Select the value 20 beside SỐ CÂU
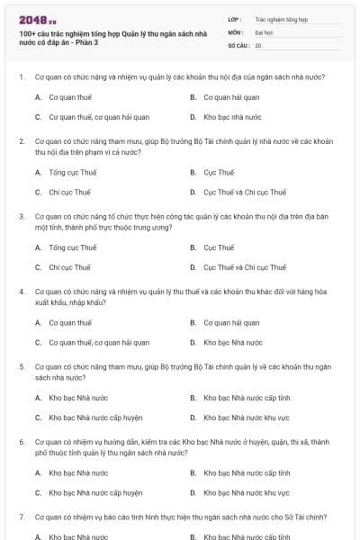pyautogui.click(x=258, y=45)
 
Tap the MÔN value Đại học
pyautogui.click(x=265, y=31)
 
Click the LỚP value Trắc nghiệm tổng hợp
pyautogui.click(x=281, y=19)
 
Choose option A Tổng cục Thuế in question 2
pyautogui.click(x=73, y=172)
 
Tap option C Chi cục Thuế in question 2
pyautogui.click(x=70, y=192)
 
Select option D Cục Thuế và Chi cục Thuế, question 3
pyautogui.click(x=245, y=267)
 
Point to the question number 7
pyautogui.click(x=21, y=517)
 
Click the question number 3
pyautogui.click(x=21, y=217)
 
